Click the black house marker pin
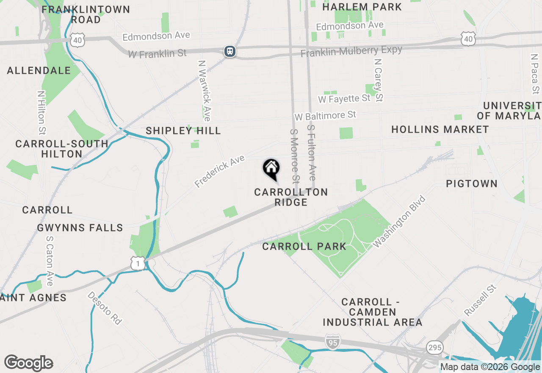click(271, 169)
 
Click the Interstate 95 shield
click(333, 342)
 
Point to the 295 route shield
click(435, 348)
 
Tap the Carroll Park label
click(304, 246)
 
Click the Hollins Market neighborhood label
click(440, 130)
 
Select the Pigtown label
click(472, 184)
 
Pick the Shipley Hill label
click(183, 131)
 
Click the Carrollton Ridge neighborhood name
click(291, 197)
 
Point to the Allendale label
click(39, 70)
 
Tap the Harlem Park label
click(362, 7)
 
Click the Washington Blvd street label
click(399, 221)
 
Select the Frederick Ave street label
click(220, 172)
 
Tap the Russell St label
click(480, 301)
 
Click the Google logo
click(29, 363)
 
